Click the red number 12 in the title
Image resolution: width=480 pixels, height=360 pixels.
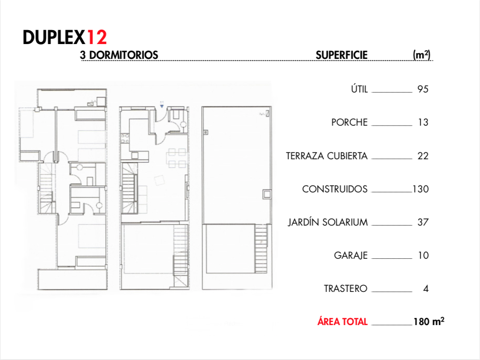[97, 38]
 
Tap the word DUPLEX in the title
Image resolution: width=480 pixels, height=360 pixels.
[54, 38]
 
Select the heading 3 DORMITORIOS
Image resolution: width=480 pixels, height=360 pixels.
[119, 55]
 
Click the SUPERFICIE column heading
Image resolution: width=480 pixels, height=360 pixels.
[342, 55]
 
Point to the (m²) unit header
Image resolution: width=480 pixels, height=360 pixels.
[422, 55]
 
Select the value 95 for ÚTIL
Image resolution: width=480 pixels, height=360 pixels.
[423, 89]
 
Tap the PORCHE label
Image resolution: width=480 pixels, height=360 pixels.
[349, 123]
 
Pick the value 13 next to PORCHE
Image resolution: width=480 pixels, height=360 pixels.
[423, 123]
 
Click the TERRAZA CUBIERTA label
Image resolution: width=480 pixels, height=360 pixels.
[327, 156]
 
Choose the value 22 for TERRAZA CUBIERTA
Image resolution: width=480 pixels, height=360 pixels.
[423, 156]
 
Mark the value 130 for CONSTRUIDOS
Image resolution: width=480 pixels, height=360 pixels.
[421, 189]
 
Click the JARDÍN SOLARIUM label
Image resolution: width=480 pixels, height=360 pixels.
[328, 222]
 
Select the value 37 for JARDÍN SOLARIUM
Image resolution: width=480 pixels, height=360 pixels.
[423, 222]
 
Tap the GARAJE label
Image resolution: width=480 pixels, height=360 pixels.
[351, 255]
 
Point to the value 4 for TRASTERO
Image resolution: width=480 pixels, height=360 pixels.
[426, 289]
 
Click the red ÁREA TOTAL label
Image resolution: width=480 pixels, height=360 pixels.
[342, 322]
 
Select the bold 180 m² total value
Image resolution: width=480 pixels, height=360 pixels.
[429, 322]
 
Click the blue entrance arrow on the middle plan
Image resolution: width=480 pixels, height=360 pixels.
[162, 106]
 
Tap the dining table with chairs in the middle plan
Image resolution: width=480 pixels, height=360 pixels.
[177, 158]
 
